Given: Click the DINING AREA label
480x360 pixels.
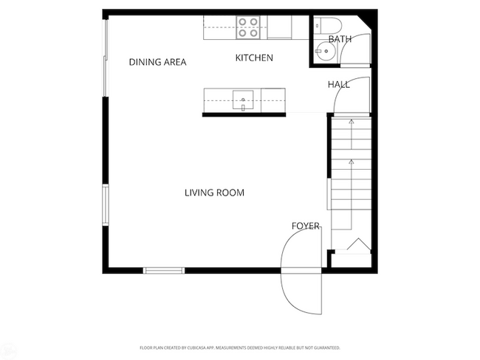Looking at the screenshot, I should [157, 62].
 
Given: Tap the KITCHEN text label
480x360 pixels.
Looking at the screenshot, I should [254, 58].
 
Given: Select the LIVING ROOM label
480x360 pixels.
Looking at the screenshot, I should [214, 193].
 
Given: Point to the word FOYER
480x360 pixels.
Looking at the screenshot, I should [306, 226].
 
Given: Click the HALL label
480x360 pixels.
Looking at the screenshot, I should [339, 85].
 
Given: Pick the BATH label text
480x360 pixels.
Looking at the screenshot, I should [340, 39].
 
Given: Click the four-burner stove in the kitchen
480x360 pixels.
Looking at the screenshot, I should [249, 27].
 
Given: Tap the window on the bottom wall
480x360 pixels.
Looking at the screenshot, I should [164, 270].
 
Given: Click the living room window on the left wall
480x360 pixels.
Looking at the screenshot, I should [106, 203].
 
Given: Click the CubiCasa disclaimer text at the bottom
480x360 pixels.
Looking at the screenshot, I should [239, 347].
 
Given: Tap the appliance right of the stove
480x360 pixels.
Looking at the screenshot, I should [279, 27].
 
